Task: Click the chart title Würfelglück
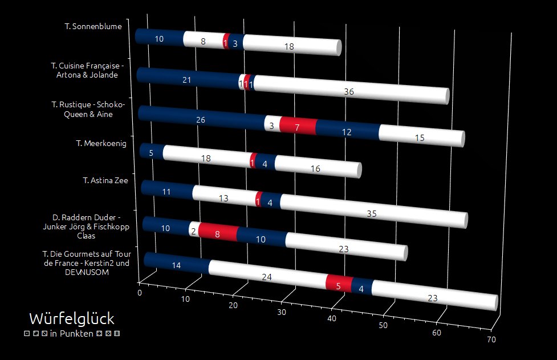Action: [x=72, y=318]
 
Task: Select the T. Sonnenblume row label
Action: [x=97, y=25]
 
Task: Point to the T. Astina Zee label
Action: [x=105, y=180]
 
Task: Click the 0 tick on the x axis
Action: [x=140, y=293]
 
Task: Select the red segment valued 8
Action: [x=217, y=233]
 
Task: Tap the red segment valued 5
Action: [x=338, y=286]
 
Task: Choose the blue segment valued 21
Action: [x=187, y=80]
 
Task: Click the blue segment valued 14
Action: [x=176, y=265]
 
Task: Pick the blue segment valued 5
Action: [x=151, y=152]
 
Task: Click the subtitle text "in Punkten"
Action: [x=72, y=333]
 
